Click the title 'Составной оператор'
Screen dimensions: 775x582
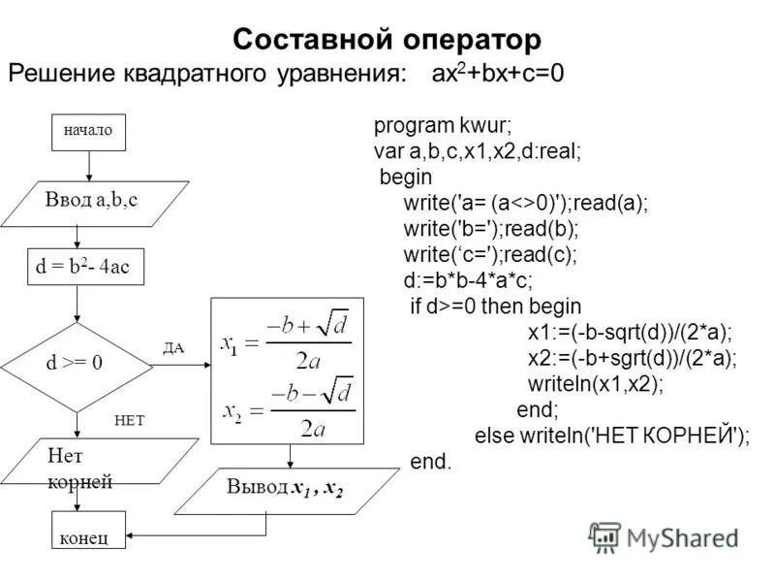tap(387, 40)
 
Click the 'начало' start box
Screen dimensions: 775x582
tap(88, 130)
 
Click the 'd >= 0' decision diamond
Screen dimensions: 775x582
tap(77, 365)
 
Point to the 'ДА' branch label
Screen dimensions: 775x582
tap(173, 347)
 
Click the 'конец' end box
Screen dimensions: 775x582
tap(87, 534)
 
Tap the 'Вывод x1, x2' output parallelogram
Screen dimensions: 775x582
tap(286, 488)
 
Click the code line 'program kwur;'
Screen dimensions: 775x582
tap(443, 126)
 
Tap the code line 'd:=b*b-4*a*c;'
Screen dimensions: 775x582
tap(468, 279)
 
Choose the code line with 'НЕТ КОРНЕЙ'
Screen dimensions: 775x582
tap(612, 435)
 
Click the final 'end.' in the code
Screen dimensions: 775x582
tap(431, 462)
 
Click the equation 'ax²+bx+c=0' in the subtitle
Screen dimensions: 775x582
tap(498, 75)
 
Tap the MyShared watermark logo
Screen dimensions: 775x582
tap(665, 537)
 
